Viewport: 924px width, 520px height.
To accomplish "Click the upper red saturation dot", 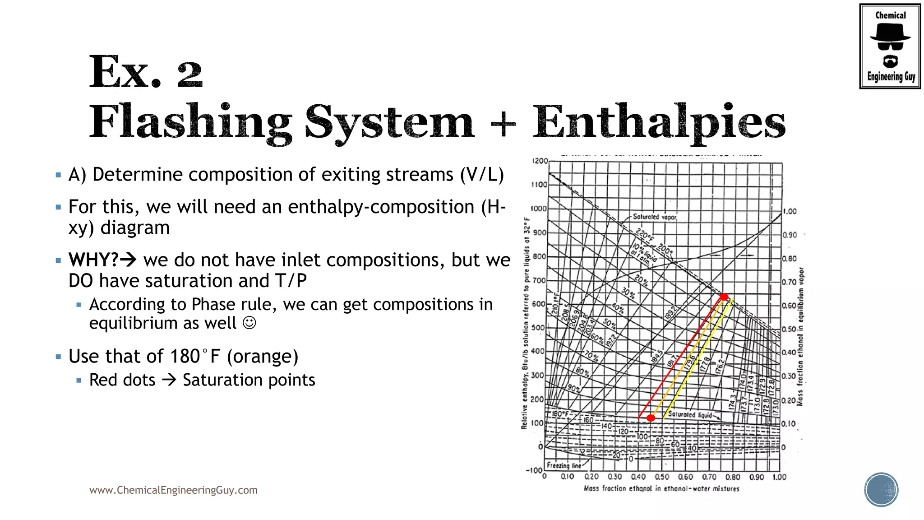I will pyautogui.click(x=724, y=297).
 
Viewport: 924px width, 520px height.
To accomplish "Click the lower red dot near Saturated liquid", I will pyautogui.click(x=651, y=418).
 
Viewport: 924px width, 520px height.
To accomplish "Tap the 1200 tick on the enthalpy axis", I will pyautogui.click(x=540, y=161).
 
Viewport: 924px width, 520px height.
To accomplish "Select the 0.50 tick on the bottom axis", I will pyautogui.click(x=662, y=477).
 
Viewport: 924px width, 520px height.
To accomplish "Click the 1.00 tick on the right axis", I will pyautogui.click(x=790, y=211).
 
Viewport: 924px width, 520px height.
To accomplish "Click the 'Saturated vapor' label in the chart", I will pyautogui.click(x=654, y=217).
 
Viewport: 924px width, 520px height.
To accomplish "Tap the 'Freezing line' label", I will pyautogui.click(x=564, y=465).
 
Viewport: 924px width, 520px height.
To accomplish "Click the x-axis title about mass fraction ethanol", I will pyautogui.click(x=661, y=488).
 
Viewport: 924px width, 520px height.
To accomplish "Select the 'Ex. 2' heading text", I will pyautogui.click(x=145, y=72).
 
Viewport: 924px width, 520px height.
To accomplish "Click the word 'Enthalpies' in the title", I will pyautogui.click(x=659, y=122).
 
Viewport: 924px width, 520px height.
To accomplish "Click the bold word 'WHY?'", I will pyautogui.click(x=93, y=260).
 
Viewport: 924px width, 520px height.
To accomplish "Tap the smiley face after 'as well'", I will pyautogui.click(x=249, y=323).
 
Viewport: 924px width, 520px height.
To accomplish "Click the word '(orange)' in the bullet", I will pyautogui.click(x=263, y=357).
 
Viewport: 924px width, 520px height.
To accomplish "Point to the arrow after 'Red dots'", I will pyautogui.click(x=169, y=380).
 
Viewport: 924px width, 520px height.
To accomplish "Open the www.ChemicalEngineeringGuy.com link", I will pyautogui.click(x=173, y=490).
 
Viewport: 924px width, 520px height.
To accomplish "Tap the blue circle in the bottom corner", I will pyautogui.click(x=881, y=490).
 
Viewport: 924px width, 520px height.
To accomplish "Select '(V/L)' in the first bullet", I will pyautogui.click(x=482, y=175).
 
